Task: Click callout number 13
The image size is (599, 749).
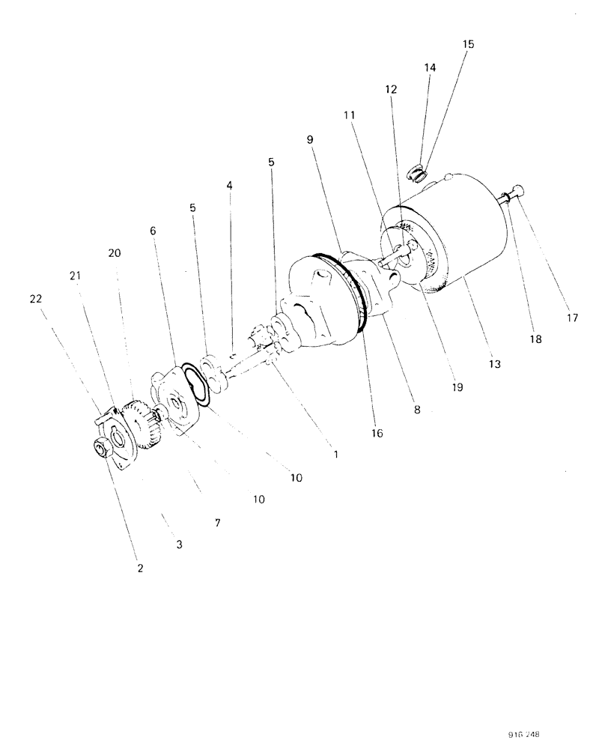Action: coord(494,365)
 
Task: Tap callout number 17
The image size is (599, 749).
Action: coord(572,318)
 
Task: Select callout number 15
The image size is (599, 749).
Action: coord(468,44)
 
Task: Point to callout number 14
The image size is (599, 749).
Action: coord(429,67)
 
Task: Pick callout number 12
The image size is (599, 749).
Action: coord(392,89)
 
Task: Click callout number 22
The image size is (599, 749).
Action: coord(37,299)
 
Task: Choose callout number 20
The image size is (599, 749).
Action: coord(114,254)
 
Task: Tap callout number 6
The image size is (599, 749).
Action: coord(153,231)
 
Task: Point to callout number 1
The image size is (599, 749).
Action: coord(336,454)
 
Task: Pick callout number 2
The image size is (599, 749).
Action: coord(139,568)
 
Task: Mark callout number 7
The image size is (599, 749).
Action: coord(217,523)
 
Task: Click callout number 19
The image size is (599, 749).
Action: coord(457,388)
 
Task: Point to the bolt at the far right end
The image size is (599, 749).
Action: coord(515,194)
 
